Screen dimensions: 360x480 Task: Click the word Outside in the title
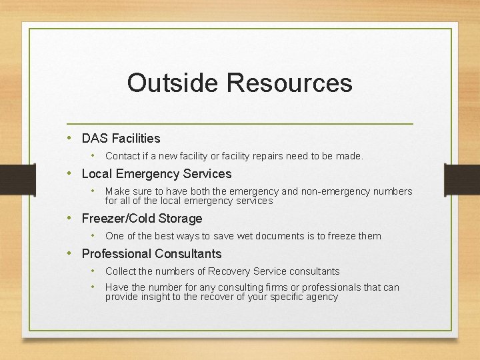173,83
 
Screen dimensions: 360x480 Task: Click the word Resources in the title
289,83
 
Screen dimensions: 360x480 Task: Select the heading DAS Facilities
121,139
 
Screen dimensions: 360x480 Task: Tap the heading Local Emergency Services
156,174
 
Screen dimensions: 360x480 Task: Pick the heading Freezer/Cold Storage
141,219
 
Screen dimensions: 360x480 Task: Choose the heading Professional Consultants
151,254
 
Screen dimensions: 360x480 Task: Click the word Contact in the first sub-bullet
122,156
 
